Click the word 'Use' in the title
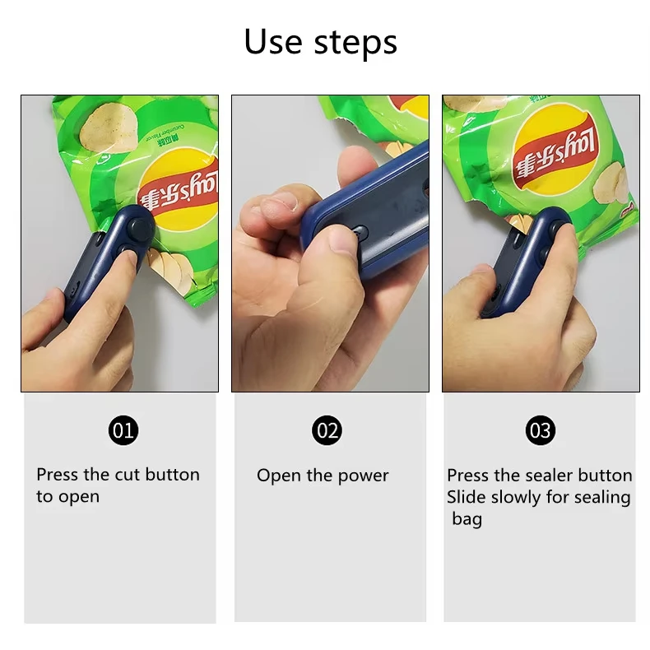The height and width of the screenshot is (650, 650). click(x=272, y=41)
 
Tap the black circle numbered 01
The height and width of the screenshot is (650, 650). click(x=123, y=429)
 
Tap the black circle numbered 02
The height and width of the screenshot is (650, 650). click(x=327, y=429)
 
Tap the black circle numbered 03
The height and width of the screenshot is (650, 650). click(x=540, y=429)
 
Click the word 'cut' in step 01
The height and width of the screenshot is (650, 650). click(x=127, y=475)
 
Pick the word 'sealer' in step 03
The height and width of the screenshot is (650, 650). click(x=546, y=476)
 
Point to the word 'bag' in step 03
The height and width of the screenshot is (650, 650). click(x=467, y=520)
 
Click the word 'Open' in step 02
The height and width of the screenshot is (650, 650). click(x=275, y=476)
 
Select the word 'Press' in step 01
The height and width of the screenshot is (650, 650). click(x=58, y=475)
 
